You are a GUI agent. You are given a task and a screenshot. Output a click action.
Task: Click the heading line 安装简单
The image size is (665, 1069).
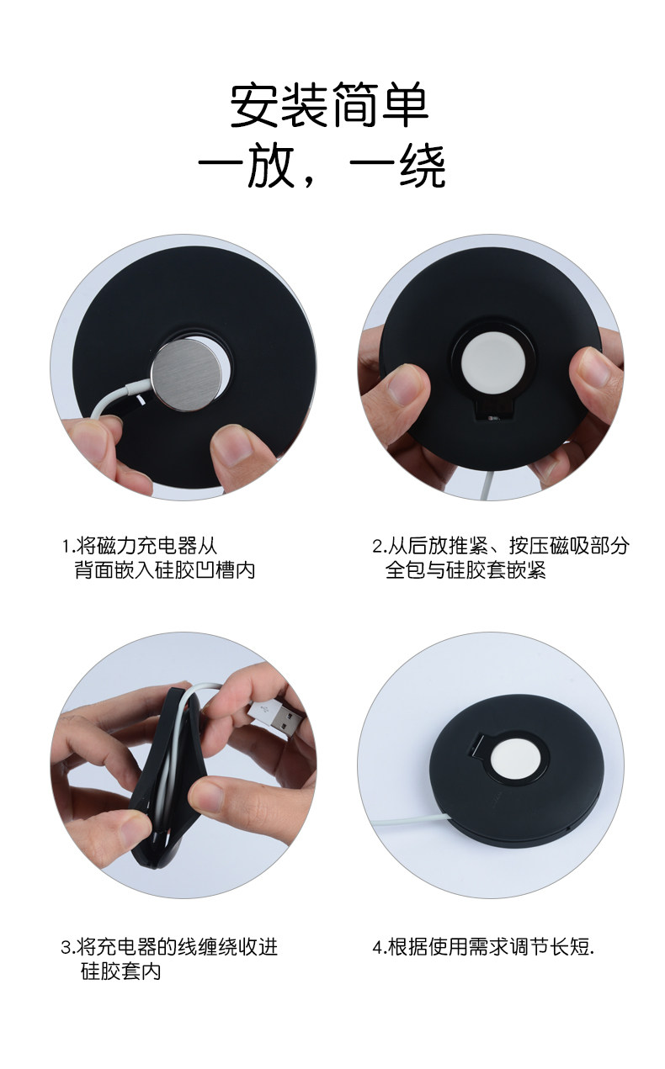329,104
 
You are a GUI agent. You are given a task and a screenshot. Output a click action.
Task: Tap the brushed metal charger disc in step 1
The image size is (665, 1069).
187,374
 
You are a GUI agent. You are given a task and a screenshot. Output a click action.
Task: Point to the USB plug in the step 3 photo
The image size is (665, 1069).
275,720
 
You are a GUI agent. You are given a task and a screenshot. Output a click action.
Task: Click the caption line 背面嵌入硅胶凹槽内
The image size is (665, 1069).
165,569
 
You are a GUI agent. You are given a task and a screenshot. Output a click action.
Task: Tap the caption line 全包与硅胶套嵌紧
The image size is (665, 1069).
465,569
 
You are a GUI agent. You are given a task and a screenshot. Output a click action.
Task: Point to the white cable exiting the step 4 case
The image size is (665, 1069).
411,820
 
